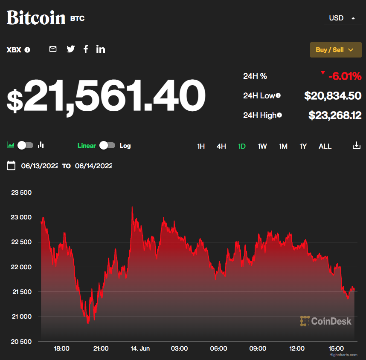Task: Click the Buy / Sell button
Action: click(x=335, y=50)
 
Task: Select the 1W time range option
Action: click(x=262, y=146)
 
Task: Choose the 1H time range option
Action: click(x=201, y=146)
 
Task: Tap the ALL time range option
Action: click(x=325, y=146)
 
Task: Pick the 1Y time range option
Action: click(x=303, y=146)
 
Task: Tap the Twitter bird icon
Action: click(x=71, y=49)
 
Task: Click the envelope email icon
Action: click(x=53, y=49)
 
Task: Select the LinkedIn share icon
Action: click(x=101, y=49)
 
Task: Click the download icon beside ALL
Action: click(x=357, y=146)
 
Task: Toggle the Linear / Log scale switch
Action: click(x=107, y=145)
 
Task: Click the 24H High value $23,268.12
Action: click(x=335, y=115)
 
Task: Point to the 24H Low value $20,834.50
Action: click(x=333, y=96)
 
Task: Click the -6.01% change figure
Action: click(x=345, y=77)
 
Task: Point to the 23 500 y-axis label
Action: click(x=21, y=193)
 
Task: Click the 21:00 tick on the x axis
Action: click(x=101, y=348)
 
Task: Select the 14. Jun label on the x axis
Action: click(x=140, y=348)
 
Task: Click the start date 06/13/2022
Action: click(x=40, y=166)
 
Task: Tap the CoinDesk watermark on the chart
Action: click(x=326, y=321)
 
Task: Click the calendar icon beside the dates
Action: click(x=12, y=166)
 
